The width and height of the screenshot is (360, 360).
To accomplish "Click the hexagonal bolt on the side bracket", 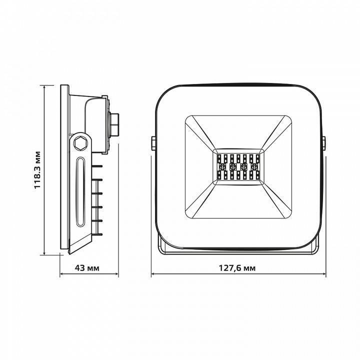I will (x=79, y=143).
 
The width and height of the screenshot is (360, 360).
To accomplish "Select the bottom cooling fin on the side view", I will (x=97, y=232).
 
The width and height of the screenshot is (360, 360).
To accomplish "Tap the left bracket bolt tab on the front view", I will (x=153, y=143).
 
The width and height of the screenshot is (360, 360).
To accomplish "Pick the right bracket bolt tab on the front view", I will (x=324, y=143).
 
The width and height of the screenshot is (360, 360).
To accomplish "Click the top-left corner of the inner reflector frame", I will (x=186, y=117).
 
